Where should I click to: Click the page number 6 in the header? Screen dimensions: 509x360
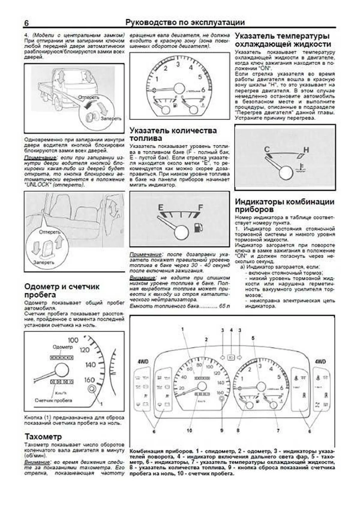point(26,23)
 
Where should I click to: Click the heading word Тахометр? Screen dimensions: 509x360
point(43,436)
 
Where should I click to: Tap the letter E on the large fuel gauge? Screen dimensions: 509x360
point(161,207)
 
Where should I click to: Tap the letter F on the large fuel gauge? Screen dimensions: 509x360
point(200,207)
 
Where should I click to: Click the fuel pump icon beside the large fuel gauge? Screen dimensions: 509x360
point(198,227)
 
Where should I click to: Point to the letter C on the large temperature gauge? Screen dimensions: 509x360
point(267,149)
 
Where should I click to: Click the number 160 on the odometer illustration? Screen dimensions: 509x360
point(89,380)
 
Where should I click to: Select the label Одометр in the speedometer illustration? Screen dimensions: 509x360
point(63,347)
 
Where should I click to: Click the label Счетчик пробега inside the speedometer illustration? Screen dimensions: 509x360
point(53,400)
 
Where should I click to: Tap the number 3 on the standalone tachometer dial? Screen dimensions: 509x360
point(178,64)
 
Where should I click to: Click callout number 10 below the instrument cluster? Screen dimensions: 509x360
point(189,430)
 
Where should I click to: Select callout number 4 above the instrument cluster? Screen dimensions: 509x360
point(231,330)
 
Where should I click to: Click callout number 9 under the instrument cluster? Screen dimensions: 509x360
point(222,430)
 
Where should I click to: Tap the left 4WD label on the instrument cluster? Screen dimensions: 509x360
point(143,362)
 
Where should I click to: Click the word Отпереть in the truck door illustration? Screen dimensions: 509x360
point(88,97)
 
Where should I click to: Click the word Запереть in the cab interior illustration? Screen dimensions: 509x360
point(44,262)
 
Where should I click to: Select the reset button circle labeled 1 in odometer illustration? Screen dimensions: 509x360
point(92,389)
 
